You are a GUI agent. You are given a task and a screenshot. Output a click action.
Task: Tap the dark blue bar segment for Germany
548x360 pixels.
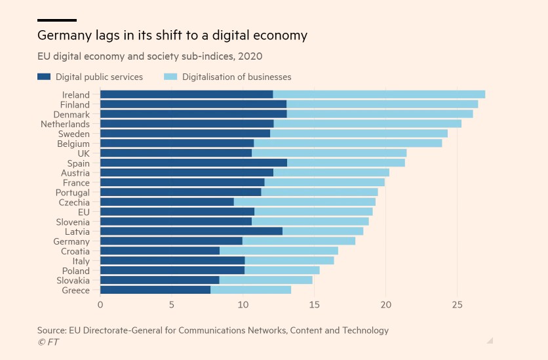pyautogui.click(x=171, y=241)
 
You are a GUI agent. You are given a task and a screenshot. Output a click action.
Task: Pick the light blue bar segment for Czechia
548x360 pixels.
pyautogui.click(x=304, y=202)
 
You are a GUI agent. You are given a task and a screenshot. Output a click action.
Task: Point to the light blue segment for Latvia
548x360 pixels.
pyautogui.click(x=323, y=231)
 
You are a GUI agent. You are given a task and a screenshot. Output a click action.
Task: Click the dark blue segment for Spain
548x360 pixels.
pyautogui.click(x=193, y=163)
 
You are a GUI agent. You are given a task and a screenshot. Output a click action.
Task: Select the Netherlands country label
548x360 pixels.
pyautogui.click(x=65, y=124)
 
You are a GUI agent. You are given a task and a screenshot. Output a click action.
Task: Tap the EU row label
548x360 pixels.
pyautogui.click(x=83, y=212)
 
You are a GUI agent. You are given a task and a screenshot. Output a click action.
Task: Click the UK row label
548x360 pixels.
pyautogui.click(x=83, y=153)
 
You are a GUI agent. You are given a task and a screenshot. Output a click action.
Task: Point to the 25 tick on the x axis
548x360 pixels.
pyautogui.click(x=457, y=305)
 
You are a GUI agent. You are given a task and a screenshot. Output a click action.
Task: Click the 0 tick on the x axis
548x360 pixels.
pyautogui.click(x=100, y=305)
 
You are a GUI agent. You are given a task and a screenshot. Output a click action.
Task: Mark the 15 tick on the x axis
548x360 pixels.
pyautogui.click(x=314, y=305)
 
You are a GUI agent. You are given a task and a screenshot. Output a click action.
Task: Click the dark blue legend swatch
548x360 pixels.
pyautogui.click(x=44, y=77)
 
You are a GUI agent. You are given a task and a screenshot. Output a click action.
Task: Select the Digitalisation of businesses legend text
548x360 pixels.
pyautogui.click(x=237, y=77)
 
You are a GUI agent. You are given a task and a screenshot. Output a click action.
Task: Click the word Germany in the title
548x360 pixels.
pyautogui.click(x=64, y=35)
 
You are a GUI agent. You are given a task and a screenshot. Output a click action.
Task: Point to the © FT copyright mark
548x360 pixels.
pyautogui.click(x=48, y=342)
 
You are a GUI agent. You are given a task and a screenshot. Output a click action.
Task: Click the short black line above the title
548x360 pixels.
pyautogui.click(x=57, y=20)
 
